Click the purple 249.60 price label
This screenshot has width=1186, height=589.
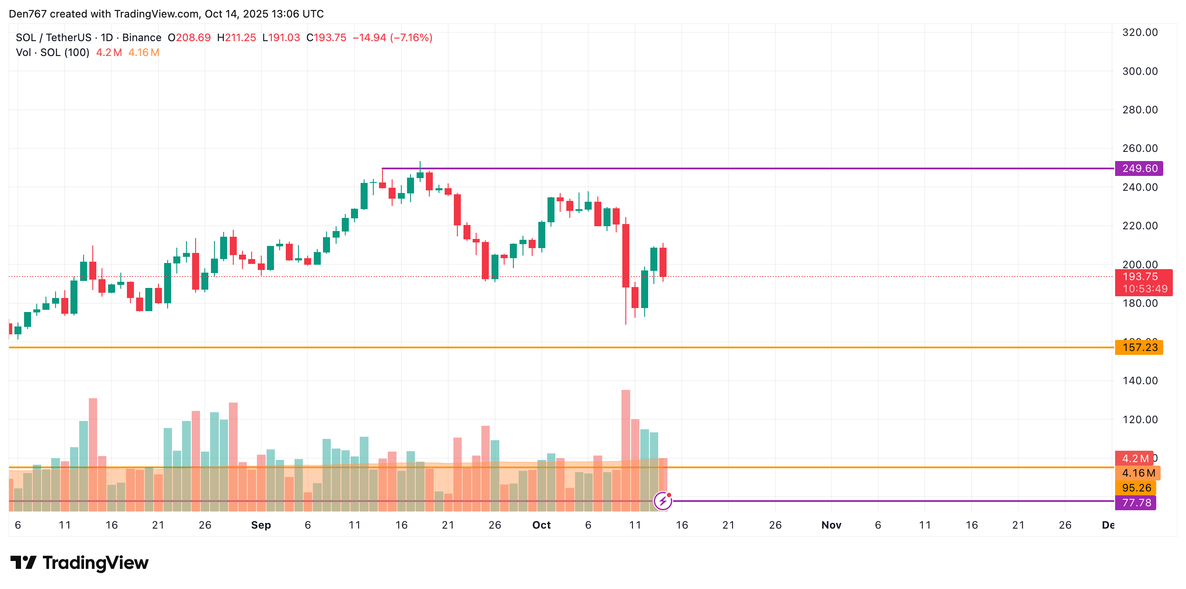[1139, 168]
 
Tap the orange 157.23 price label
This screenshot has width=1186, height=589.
[1139, 347]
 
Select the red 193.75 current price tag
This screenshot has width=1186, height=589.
[1143, 277]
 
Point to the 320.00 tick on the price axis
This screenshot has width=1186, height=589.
[1140, 32]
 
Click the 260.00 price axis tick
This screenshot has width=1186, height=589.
[1140, 148]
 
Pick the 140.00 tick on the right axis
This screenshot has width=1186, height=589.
[1140, 380]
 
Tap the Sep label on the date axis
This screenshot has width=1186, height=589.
[260, 525]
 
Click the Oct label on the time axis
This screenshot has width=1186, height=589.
[541, 525]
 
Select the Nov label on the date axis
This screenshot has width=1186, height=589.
[831, 525]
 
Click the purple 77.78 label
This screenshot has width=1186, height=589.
[1136, 502]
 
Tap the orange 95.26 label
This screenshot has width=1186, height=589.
[1136, 487]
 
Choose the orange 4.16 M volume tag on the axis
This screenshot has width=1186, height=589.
[1138, 473]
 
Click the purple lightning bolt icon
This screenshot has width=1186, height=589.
[663, 501]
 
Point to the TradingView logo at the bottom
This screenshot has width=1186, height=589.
[79, 563]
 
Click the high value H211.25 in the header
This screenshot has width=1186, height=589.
[236, 38]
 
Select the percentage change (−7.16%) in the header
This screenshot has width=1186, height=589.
[411, 38]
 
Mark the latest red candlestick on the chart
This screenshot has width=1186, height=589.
[663, 262]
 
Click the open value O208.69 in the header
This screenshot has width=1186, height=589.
[189, 38]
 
